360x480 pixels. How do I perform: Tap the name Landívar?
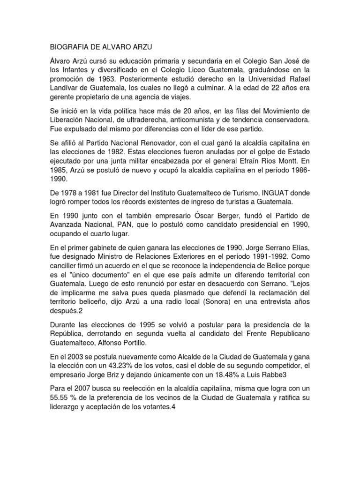63,90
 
